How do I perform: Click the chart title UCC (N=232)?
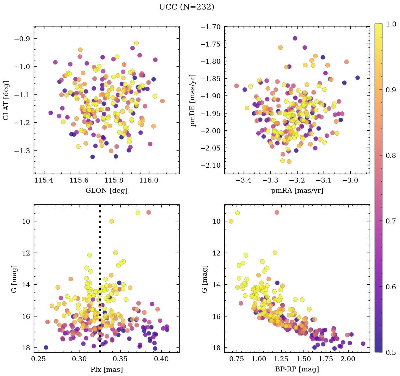(x=186, y=7)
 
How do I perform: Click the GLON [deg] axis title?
(x=106, y=191)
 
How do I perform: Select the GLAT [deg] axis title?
(x=6, y=100)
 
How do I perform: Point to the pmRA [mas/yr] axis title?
(x=297, y=191)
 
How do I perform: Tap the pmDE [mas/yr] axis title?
(x=193, y=100)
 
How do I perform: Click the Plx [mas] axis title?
(x=106, y=370)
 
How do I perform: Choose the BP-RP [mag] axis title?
(x=297, y=370)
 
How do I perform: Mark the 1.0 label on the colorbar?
(x=389, y=24)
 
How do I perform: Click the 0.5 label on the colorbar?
(x=389, y=352)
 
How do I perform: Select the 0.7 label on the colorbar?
(x=389, y=221)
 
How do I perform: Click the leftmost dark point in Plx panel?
(x=46, y=347)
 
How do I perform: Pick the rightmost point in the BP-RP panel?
(x=363, y=344)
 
